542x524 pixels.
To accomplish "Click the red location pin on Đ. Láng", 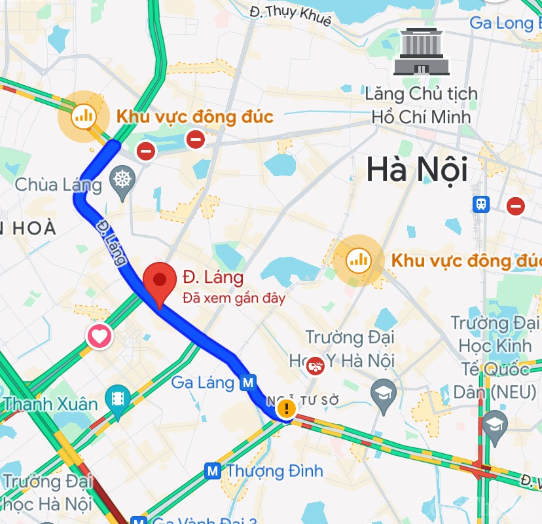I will pos(158,280).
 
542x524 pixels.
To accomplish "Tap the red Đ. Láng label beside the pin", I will pos(213,277).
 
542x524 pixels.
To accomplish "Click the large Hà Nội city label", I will pos(416,170).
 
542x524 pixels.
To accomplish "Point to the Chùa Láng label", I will pos(58,185).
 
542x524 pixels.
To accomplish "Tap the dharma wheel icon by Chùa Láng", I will pos(122,178).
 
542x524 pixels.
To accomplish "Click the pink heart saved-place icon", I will pos(99,337).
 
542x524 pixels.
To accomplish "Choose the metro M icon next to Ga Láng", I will pos(247,382).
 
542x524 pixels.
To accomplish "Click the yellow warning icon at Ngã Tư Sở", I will pos(286,410).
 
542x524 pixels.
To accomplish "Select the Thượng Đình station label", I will pos(274,470).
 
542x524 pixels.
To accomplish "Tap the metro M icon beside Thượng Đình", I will pos(212,470).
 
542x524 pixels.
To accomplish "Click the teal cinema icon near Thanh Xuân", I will pos(118,397).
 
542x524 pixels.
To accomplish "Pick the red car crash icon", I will pos(316,365).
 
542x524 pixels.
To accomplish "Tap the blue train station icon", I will pos(482,204).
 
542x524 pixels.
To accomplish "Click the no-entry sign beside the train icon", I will pos(516,206).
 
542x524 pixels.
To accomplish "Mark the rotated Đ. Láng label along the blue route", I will pos(111,242).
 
